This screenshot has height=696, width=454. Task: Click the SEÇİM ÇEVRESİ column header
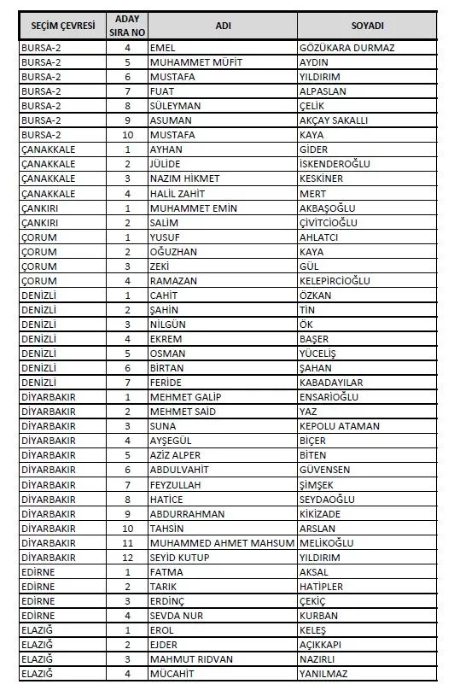(x=62, y=26)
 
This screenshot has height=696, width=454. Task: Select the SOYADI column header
(x=367, y=26)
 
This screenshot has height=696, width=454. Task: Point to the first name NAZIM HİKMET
(x=184, y=178)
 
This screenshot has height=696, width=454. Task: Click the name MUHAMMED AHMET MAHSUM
(x=221, y=542)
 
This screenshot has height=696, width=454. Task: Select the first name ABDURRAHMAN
(x=187, y=513)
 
